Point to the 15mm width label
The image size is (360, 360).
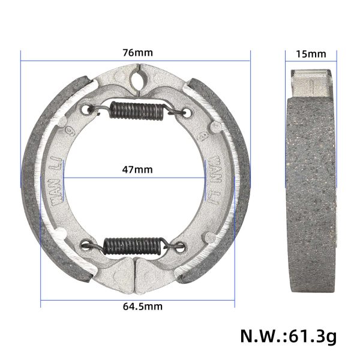pyautogui.click(x=311, y=53)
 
